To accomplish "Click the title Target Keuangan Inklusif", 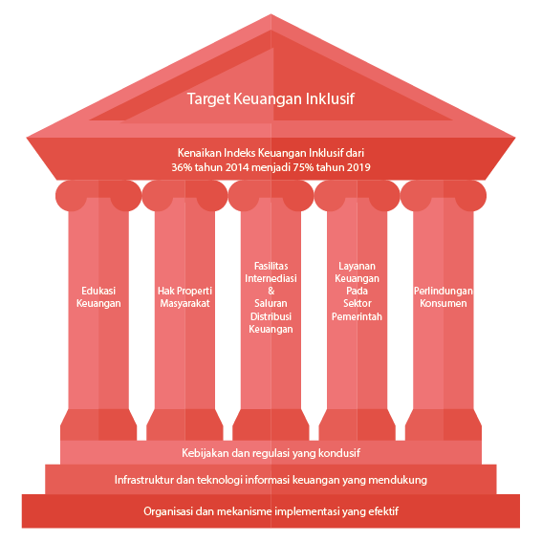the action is click(271, 98).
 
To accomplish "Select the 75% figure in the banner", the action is click(303, 167).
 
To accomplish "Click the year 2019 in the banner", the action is click(358, 167).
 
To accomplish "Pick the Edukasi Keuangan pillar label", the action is click(98, 297).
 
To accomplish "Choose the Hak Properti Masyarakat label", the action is click(184, 297).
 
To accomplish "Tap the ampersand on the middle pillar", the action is click(271, 291).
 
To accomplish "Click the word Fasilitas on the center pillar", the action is click(271, 266).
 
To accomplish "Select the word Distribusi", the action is click(271, 316).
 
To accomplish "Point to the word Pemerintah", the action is click(358, 316).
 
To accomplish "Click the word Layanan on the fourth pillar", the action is click(358, 266).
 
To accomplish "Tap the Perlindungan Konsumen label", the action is click(444, 297).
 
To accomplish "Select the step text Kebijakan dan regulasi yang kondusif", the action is click(271, 453).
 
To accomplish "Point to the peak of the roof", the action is click(271, 14).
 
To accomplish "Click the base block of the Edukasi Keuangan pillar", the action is click(98, 424).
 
